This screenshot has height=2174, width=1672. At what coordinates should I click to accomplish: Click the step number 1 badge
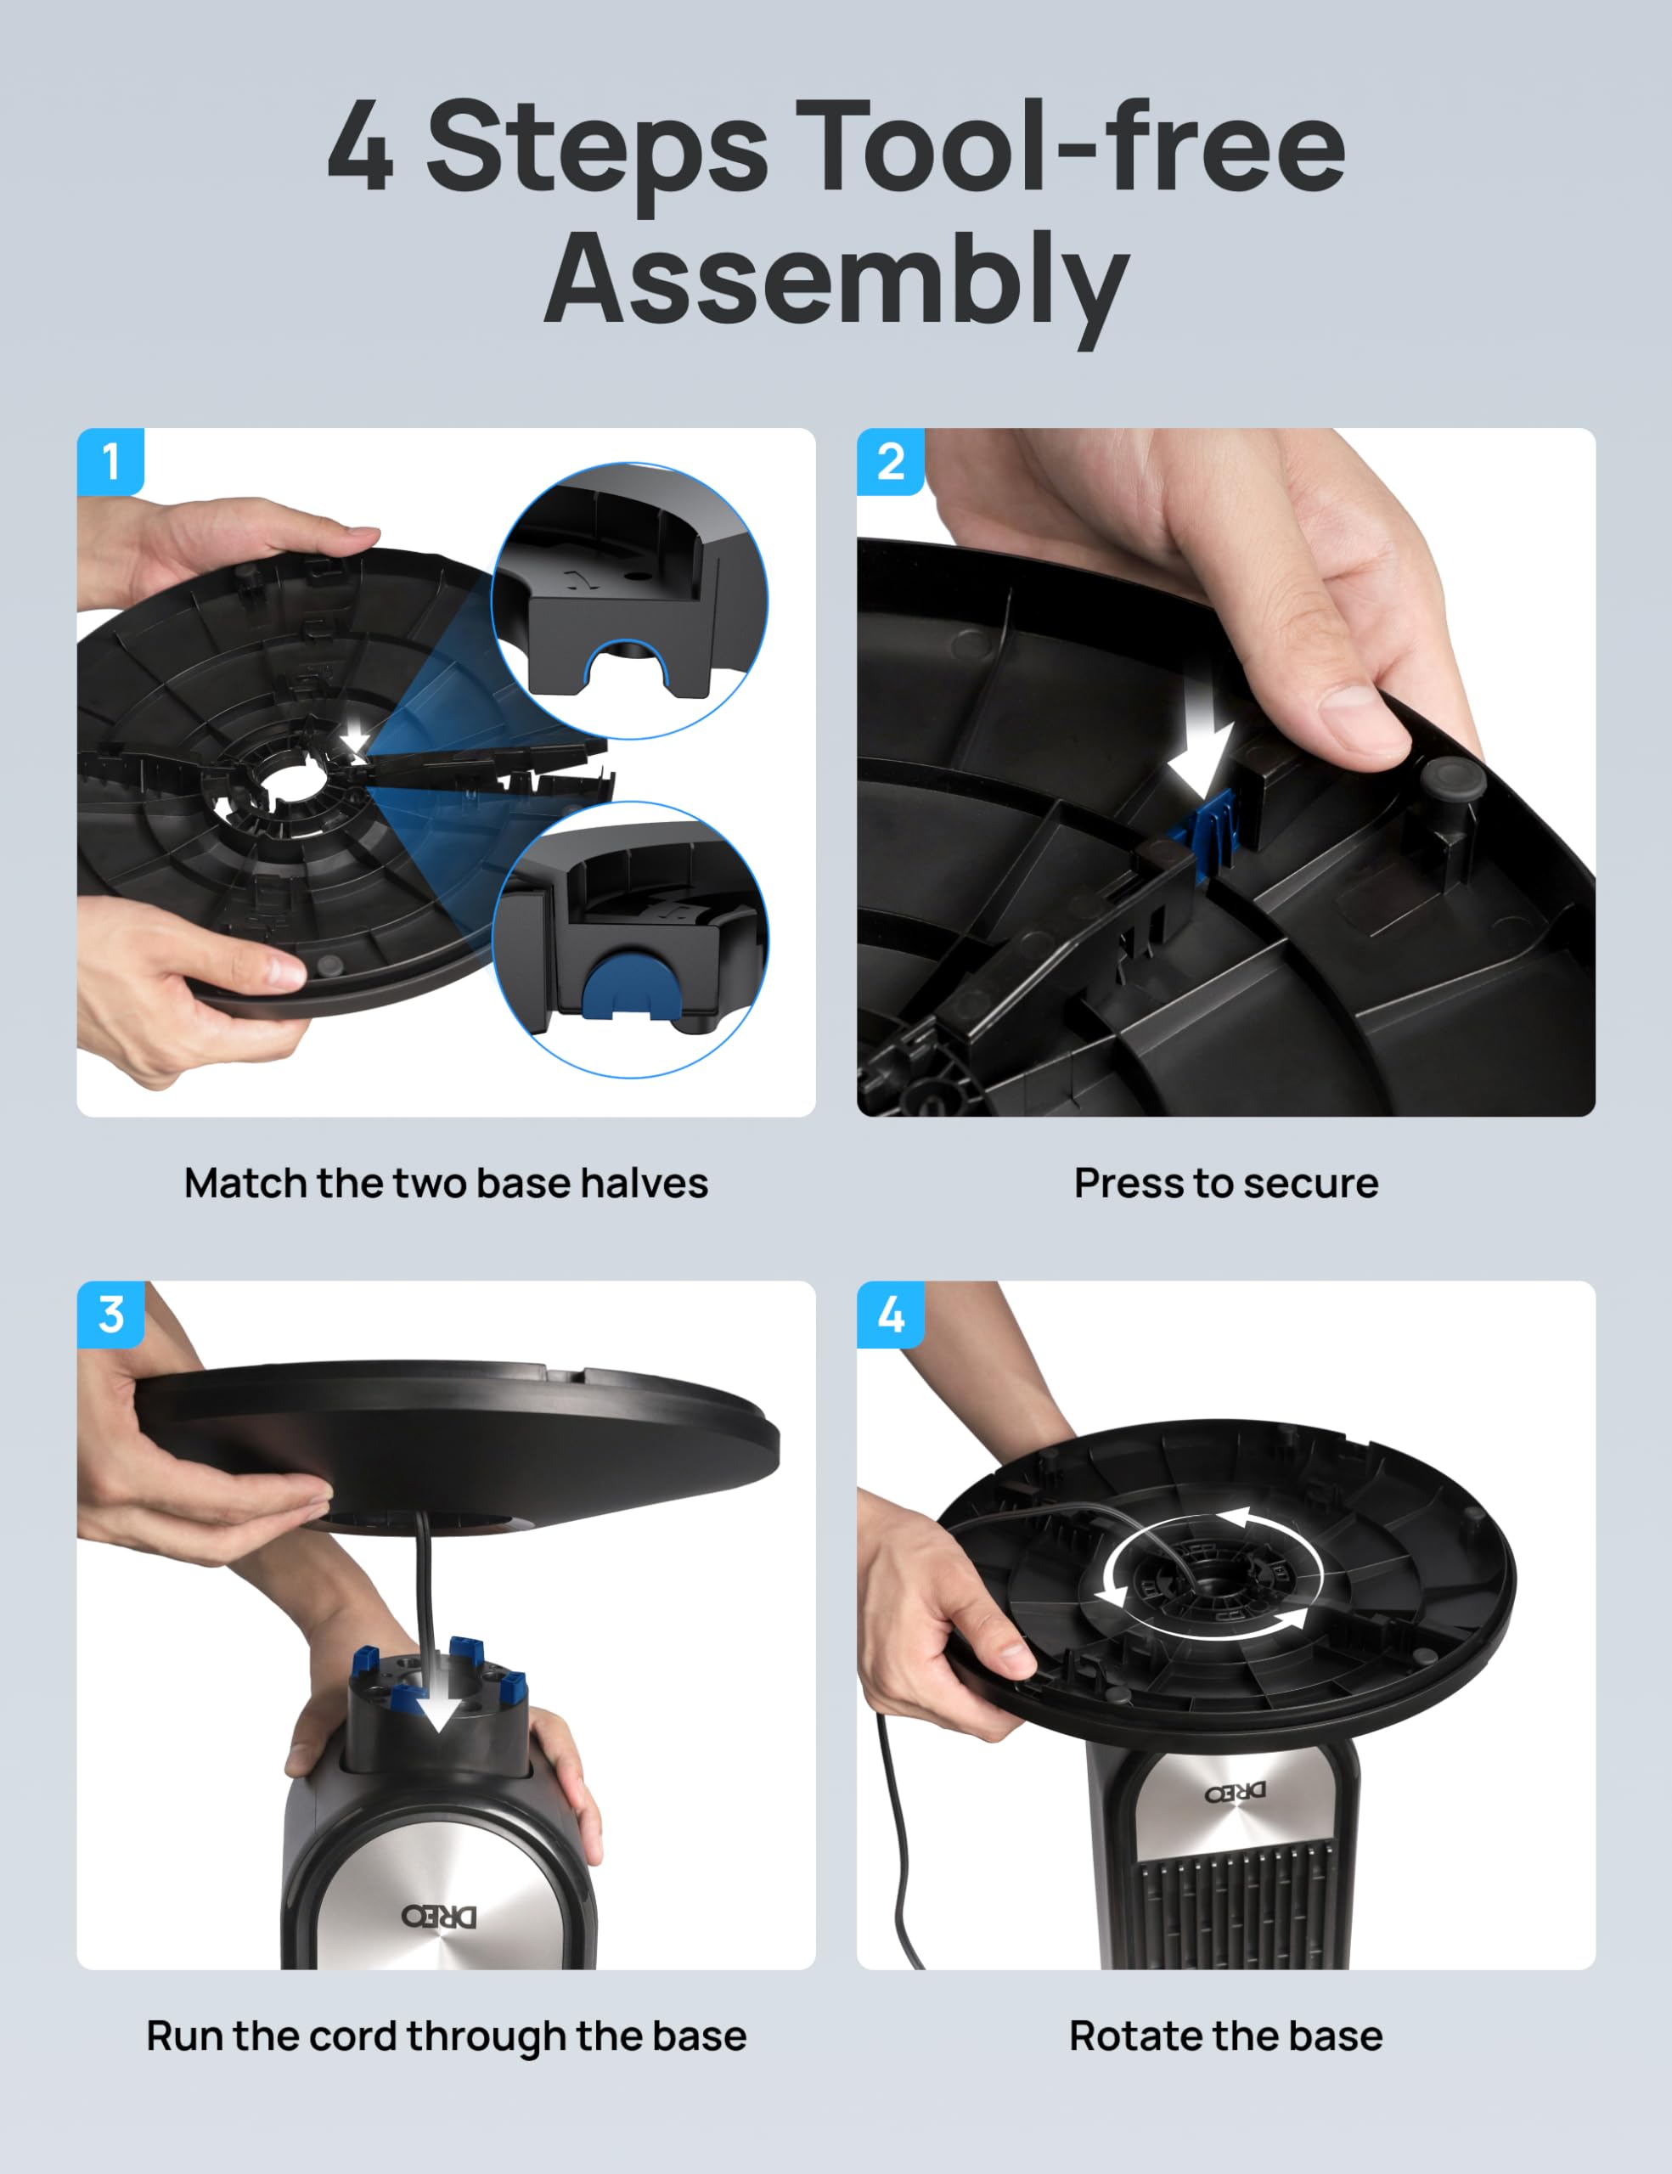[x=110, y=462]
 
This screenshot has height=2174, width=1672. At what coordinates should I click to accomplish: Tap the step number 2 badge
[x=890, y=462]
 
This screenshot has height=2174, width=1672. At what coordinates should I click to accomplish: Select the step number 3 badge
[x=110, y=1314]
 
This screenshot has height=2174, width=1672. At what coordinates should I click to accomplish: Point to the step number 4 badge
[x=890, y=1314]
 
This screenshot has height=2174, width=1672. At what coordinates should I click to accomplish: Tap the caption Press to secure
[x=1226, y=1184]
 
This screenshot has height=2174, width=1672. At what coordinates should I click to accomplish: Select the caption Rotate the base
[x=1226, y=2036]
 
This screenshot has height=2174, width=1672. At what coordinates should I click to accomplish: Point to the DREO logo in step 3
[x=439, y=1916]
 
